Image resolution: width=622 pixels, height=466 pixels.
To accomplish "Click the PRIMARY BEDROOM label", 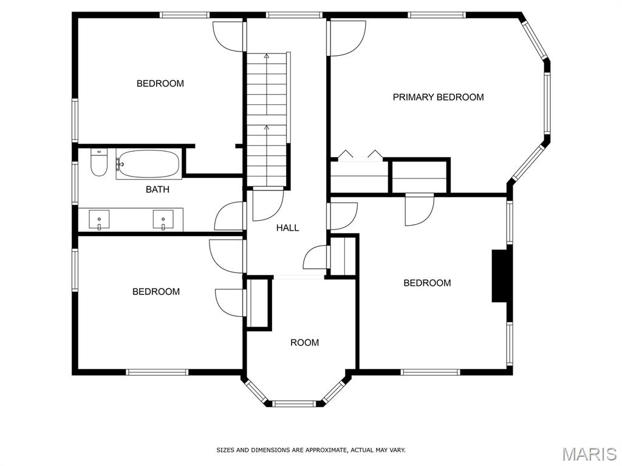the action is (438, 97).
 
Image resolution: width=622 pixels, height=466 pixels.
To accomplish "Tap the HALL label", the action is (287, 228).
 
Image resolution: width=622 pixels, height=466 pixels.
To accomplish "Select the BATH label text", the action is (157, 189).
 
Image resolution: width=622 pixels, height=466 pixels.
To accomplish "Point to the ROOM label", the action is (305, 342).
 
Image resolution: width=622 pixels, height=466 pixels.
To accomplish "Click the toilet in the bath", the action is (99, 163).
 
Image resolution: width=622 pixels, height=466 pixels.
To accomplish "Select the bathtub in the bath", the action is (149, 164).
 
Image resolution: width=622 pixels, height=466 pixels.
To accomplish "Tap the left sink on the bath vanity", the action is (99, 220).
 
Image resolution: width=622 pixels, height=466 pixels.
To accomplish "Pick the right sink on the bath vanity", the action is (163, 220).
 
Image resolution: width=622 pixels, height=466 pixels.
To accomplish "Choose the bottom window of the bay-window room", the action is (293, 404).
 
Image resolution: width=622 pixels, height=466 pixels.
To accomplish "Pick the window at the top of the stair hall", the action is (293, 15).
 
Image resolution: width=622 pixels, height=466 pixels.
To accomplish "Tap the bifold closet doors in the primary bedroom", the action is (360, 155).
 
